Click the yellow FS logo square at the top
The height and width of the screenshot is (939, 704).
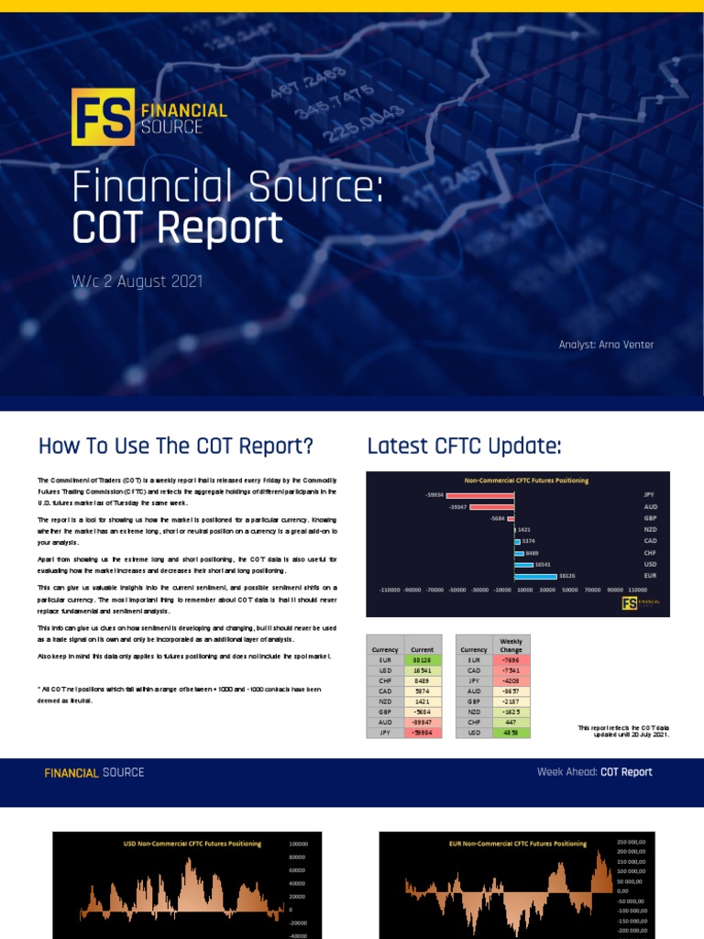(103, 117)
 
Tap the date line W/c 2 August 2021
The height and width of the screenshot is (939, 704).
(137, 282)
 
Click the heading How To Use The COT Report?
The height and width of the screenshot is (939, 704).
(176, 447)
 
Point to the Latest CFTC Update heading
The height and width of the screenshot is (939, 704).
(464, 447)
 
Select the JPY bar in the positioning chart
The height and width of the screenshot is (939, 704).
(479, 495)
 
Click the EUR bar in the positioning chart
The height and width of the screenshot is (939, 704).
(536, 576)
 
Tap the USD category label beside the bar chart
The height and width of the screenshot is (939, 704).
(650, 564)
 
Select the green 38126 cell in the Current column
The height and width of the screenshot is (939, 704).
(423, 659)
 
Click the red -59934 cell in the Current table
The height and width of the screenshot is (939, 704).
(423, 732)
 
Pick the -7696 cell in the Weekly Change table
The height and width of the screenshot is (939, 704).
(511, 659)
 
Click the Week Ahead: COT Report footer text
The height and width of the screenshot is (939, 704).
(595, 772)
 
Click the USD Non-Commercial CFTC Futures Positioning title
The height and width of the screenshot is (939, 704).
(192, 844)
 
